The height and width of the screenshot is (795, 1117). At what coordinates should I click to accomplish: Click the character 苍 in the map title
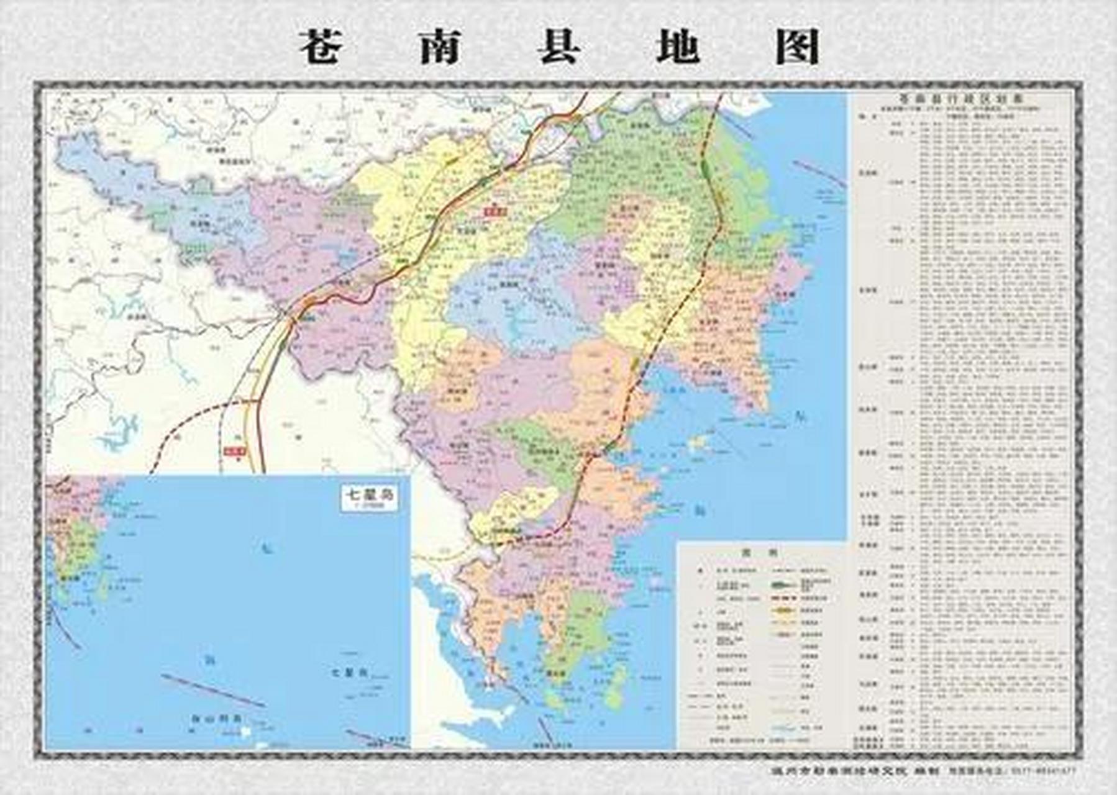[321, 47]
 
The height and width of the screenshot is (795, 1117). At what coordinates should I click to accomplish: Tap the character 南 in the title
[440, 47]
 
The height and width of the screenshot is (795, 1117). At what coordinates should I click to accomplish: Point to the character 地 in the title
[678, 47]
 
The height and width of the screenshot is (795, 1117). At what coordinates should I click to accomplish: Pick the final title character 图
[798, 47]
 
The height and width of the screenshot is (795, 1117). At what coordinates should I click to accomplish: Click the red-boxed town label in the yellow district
[495, 211]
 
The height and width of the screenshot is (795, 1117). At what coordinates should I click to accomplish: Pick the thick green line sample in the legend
[785, 585]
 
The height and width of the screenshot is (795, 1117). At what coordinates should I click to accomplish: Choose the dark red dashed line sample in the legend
[785, 598]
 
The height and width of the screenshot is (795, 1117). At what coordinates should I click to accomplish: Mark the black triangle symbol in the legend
[701, 570]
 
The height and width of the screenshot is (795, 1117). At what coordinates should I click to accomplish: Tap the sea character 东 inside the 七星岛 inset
[267, 549]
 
